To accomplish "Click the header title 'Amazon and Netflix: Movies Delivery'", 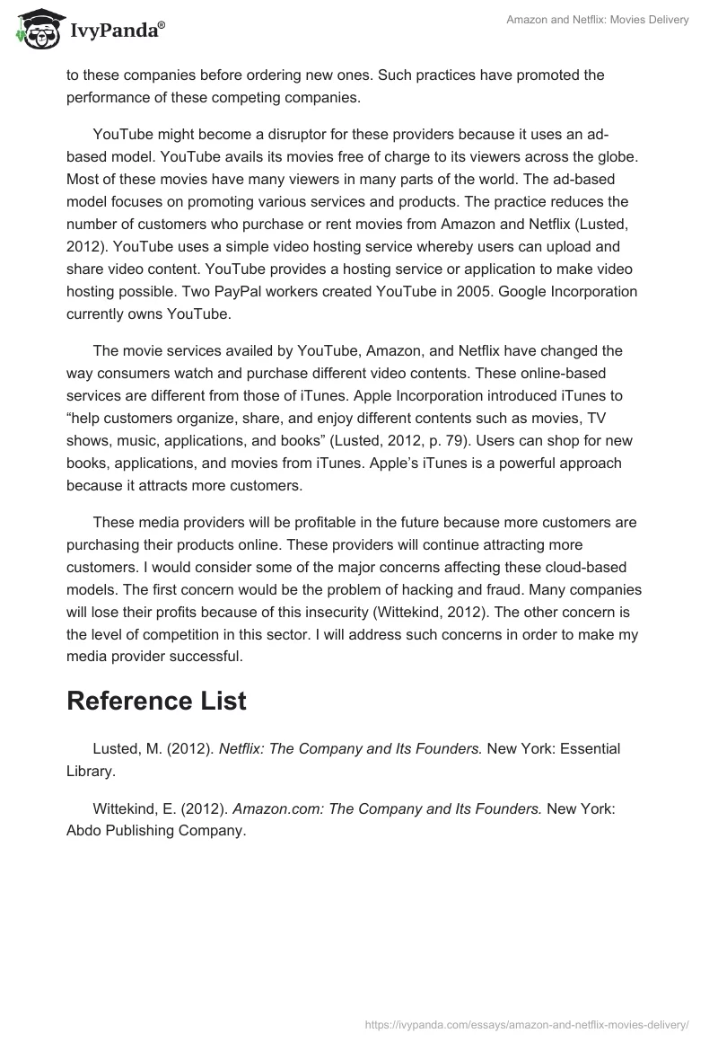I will pos(598,21).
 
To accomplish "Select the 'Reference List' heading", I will pos(156,701).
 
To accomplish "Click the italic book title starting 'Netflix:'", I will pos(351,747).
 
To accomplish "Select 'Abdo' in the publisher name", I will pos(83,831).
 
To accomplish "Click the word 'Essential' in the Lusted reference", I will pos(590,747).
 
